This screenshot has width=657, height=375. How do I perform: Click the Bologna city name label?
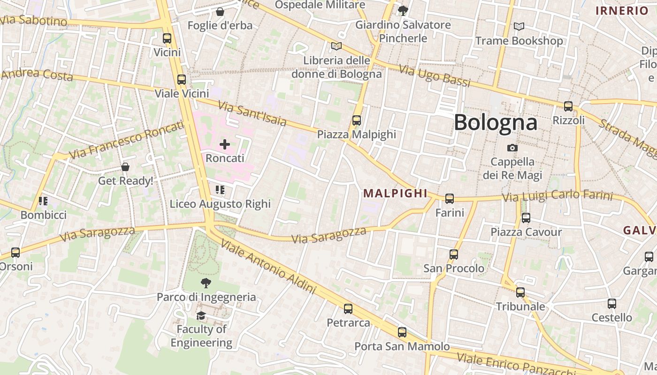click(495, 123)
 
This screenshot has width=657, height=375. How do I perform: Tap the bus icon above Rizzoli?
click(568, 106)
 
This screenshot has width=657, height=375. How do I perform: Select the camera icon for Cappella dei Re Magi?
click(512, 148)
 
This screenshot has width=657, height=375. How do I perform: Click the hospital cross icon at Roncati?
click(225, 144)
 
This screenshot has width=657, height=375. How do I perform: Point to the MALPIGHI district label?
click(395, 193)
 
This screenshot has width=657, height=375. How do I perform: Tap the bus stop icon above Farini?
click(450, 199)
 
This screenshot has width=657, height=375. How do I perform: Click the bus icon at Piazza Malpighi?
click(357, 120)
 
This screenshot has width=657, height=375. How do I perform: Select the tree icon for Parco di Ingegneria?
click(206, 283)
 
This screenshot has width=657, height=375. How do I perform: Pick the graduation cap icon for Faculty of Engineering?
click(201, 315)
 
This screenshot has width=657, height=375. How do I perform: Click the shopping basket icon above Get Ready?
click(125, 167)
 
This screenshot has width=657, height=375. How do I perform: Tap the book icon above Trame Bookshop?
click(519, 27)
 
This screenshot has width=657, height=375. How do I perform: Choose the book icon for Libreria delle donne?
click(336, 46)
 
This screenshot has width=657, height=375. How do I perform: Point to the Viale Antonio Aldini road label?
click(268, 267)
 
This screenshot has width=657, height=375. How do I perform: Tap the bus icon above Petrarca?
click(348, 309)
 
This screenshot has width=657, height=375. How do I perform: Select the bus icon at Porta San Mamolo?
click(402, 332)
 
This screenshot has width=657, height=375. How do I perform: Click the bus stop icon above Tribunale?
click(520, 292)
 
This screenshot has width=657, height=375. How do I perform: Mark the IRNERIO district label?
click(622, 11)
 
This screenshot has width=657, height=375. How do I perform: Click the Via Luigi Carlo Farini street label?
click(558, 196)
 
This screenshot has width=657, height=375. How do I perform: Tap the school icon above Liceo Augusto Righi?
click(220, 190)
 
